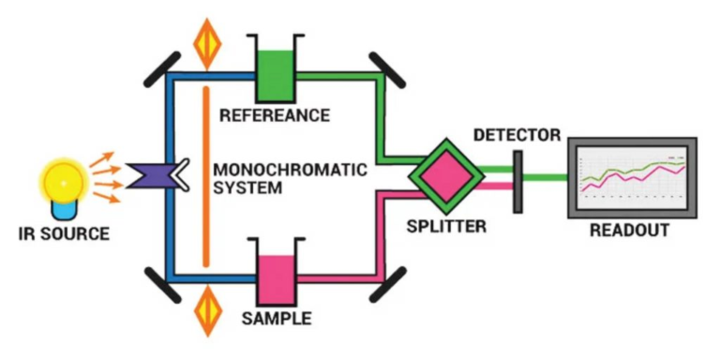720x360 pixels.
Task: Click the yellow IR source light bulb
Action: [x=58, y=177]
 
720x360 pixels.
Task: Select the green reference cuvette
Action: [x=277, y=71]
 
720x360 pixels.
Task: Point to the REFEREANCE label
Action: [x=274, y=116]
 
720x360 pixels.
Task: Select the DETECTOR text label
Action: [x=517, y=135]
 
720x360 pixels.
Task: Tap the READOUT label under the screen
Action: [x=629, y=230]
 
